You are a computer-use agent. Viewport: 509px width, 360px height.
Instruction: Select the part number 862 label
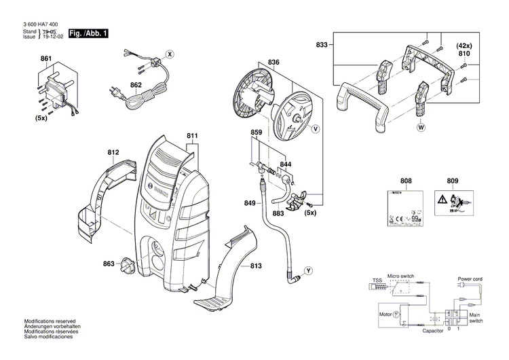point(136,85)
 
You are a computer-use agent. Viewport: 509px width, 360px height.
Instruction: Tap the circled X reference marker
point(170,53)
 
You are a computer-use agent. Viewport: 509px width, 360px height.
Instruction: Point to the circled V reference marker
point(315,128)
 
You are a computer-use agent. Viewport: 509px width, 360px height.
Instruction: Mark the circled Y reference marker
point(309,270)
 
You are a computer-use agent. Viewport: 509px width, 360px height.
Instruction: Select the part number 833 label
point(322,44)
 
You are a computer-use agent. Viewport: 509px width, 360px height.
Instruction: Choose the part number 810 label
point(464,52)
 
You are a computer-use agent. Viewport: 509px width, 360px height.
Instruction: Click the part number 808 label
point(405,181)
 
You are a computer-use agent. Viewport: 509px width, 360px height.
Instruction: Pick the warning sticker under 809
point(453,202)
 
